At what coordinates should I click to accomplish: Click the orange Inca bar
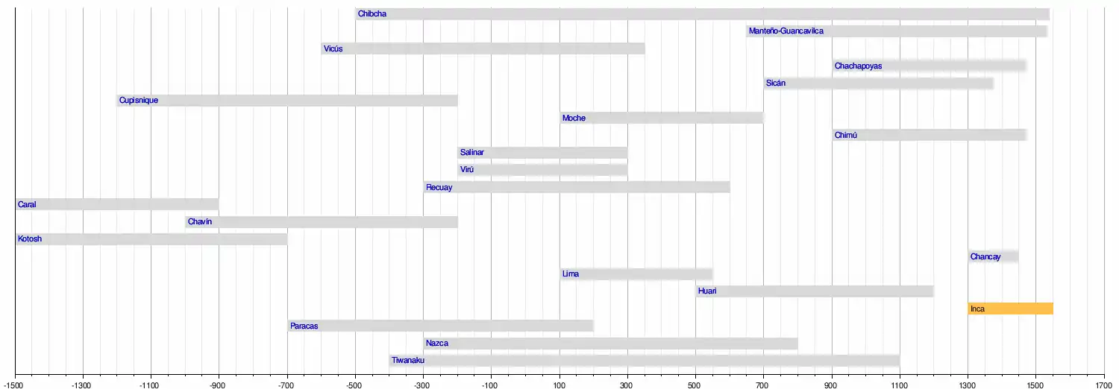1010,309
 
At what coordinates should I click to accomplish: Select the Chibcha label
372,14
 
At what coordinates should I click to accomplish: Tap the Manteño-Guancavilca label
786,31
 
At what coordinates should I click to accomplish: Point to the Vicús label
333,49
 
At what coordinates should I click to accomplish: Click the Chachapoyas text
858,66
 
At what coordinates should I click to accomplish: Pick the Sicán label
775,83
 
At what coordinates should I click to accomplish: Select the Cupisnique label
138,101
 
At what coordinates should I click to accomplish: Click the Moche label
574,118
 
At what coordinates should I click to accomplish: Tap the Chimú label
846,136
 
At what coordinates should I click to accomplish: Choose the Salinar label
471,153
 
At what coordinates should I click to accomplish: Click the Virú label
467,170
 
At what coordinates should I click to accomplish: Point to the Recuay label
439,188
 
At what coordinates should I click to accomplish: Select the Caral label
27,205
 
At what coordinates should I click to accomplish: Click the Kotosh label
30,239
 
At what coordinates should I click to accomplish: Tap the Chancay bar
993,257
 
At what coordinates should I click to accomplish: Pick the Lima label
570,274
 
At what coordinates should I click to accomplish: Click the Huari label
706,291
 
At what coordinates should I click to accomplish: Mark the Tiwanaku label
408,361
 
